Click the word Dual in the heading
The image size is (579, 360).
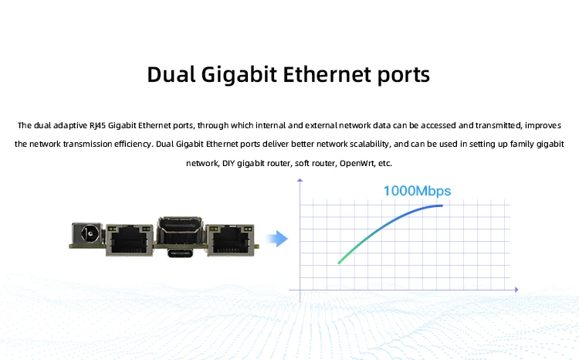173,76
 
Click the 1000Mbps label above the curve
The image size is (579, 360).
417,191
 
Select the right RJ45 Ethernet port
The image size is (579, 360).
232,238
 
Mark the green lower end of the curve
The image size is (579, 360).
340,262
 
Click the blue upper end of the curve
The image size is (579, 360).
441,206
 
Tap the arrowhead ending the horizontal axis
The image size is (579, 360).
515,290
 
